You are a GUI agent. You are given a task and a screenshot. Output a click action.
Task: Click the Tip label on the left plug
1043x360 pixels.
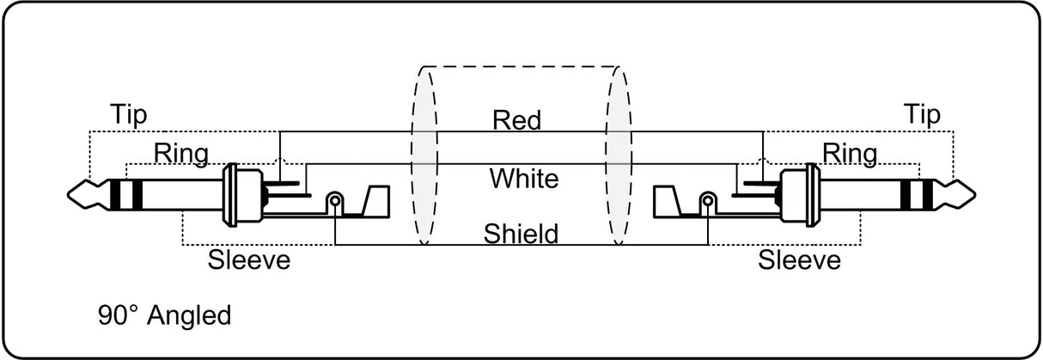128,115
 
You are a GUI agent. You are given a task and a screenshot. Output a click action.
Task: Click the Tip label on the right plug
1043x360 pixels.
922,115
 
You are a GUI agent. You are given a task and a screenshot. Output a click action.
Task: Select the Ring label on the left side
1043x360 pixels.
181,154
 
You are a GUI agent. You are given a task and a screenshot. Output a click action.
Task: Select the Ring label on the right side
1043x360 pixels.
850,154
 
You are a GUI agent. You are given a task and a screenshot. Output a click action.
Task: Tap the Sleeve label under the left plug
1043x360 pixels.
249,259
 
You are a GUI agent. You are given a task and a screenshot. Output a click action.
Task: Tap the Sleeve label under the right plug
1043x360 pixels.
800,259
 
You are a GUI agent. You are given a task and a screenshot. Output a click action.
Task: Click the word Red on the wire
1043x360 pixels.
517,120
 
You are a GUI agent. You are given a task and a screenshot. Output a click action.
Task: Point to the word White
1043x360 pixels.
524,179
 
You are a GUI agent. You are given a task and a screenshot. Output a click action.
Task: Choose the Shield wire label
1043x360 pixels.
521,234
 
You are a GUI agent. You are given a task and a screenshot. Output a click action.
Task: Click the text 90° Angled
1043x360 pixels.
164,316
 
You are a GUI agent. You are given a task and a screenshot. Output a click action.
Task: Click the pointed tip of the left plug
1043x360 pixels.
69,194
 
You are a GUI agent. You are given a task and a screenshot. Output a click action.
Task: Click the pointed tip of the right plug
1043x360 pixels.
974,194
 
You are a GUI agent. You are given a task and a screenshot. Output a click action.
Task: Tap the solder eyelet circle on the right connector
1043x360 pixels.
708,201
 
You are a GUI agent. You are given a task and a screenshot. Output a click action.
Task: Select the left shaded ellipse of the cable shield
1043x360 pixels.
424,156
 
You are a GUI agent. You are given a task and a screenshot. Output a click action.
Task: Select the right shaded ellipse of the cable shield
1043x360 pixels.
619,156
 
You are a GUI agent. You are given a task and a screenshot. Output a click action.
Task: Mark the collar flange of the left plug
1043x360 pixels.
230,195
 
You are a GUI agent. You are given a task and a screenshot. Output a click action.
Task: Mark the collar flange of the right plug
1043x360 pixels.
813,195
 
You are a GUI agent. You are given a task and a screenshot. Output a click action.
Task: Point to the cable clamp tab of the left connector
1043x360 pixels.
375,202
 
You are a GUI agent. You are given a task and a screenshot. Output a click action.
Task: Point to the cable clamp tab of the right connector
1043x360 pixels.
668,202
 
